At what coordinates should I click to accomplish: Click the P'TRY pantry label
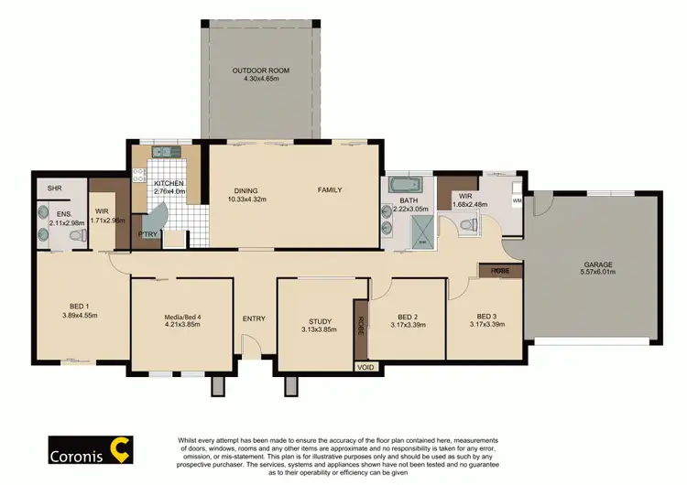pos(147,233)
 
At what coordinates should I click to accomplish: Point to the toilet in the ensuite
pos(79,236)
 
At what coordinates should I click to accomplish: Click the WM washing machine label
pos(517,199)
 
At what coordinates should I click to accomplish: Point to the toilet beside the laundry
pos(471,223)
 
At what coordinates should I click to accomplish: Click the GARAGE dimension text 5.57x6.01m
pos(599,273)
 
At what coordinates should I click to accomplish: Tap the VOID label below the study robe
pos(366,366)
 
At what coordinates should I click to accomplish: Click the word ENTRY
pos(254,318)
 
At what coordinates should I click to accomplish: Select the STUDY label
pos(320,321)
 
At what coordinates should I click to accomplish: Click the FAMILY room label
pos(330,190)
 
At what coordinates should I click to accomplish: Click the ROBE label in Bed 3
pos(500,271)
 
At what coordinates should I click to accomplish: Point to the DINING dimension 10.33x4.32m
pos(247,199)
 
